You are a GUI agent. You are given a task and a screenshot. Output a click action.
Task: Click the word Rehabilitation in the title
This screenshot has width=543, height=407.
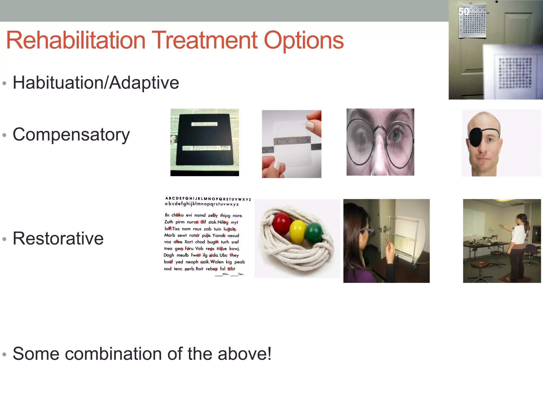click(x=76, y=40)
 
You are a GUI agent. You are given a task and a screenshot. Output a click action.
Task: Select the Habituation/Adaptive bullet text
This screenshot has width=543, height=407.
click(x=96, y=83)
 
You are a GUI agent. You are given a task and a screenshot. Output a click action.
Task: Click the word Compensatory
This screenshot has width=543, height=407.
click(x=71, y=135)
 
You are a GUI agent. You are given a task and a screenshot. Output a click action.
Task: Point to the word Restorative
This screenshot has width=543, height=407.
click(x=58, y=238)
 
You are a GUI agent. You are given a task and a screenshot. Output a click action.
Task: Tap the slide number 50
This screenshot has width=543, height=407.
click(x=464, y=11)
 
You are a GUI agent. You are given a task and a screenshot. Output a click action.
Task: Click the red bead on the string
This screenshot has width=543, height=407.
click(x=281, y=224)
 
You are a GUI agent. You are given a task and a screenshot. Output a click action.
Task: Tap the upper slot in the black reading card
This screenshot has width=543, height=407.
click(x=204, y=124)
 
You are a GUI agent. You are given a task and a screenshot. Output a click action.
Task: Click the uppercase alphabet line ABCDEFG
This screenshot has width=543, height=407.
click(x=208, y=199)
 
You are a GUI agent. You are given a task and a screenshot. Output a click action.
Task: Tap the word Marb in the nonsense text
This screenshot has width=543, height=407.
click(x=169, y=235)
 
